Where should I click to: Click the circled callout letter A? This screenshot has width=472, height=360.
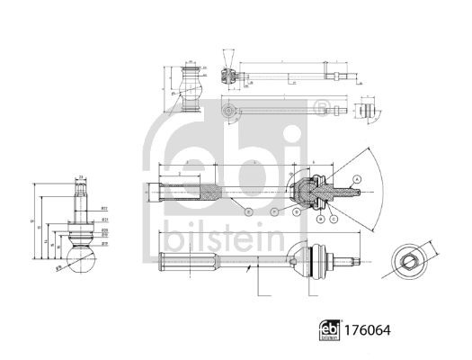[356, 180]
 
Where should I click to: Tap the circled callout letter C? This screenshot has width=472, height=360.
[334, 217]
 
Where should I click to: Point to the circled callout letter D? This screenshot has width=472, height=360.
[298, 213]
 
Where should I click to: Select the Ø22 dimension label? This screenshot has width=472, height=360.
[105, 206]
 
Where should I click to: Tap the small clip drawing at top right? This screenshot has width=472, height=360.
[365, 111]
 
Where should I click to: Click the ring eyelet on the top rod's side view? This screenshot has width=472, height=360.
[228, 112]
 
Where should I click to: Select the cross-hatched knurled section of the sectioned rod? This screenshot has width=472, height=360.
[208, 191]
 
